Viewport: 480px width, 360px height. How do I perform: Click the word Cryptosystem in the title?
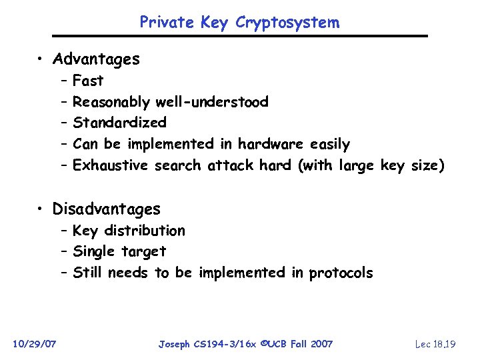click(287, 23)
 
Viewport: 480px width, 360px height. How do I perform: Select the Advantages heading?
click(96, 59)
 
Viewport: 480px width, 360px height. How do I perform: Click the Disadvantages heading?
click(107, 209)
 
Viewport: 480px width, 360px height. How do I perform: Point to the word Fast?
click(88, 81)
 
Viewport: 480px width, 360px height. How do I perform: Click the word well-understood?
click(212, 102)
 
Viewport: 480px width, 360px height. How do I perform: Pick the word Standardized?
click(119, 123)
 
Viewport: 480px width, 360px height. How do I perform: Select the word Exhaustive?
click(110, 165)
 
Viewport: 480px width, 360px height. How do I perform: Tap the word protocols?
click(341, 273)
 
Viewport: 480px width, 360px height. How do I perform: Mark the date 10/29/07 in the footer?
click(35, 344)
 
